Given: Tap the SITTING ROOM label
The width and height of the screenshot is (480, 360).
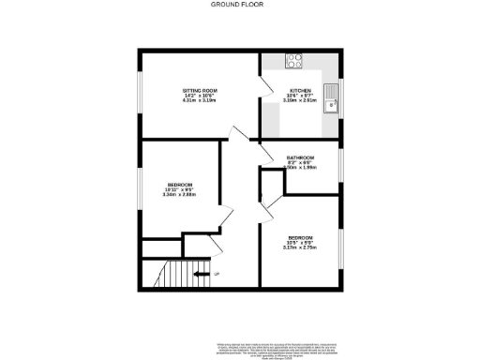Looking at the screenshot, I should click(x=200, y=90).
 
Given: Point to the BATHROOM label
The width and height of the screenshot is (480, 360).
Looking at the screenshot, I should click(x=300, y=157).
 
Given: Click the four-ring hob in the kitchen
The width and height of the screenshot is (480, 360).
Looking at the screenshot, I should click(x=293, y=62).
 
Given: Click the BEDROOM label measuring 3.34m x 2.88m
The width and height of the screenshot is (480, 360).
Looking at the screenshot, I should click(x=180, y=184).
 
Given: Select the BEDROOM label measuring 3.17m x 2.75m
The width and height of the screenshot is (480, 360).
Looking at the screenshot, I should click(x=300, y=237).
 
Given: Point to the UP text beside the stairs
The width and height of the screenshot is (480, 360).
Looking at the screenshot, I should click(x=217, y=274).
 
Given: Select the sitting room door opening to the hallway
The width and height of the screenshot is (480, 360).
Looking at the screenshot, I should click(x=239, y=136).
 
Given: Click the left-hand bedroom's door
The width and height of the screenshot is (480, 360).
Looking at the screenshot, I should click(x=225, y=217).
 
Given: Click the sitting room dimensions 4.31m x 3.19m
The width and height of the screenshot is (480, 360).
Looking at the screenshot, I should click(x=200, y=99).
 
